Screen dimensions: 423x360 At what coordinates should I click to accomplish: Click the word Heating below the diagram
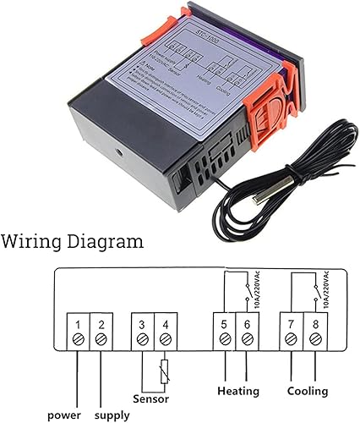click(x=237, y=392)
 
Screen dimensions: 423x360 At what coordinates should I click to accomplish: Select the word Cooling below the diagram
click(x=306, y=392)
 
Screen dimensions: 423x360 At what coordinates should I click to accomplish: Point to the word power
click(x=63, y=415)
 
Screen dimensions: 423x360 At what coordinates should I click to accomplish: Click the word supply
click(x=112, y=415)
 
